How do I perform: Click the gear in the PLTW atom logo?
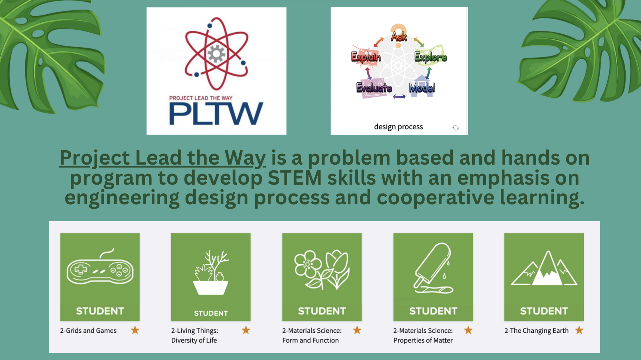point(216,54)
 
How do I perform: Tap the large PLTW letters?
point(216,114)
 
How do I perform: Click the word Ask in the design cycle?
point(399,37)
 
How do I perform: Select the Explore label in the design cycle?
point(431,57)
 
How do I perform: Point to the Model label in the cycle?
point(422,88)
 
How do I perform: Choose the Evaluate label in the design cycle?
point(374,88)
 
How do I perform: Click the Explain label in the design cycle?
point(366,57)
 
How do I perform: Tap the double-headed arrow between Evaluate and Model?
point(399,97)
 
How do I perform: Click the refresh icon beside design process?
point(456,128)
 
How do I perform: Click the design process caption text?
point(398,127)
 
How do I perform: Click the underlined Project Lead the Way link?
point(163,158)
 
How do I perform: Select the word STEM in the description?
point(295,178)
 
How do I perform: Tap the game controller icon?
point(100,267)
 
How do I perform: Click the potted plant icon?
point(211,272)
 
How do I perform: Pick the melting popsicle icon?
point(433,268)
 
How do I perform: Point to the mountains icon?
point(544,268)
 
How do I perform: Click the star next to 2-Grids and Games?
point(135,330)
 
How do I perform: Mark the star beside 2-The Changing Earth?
point(579,330)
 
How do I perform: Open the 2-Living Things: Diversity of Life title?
point(195,335)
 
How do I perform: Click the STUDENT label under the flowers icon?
point(322,311)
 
